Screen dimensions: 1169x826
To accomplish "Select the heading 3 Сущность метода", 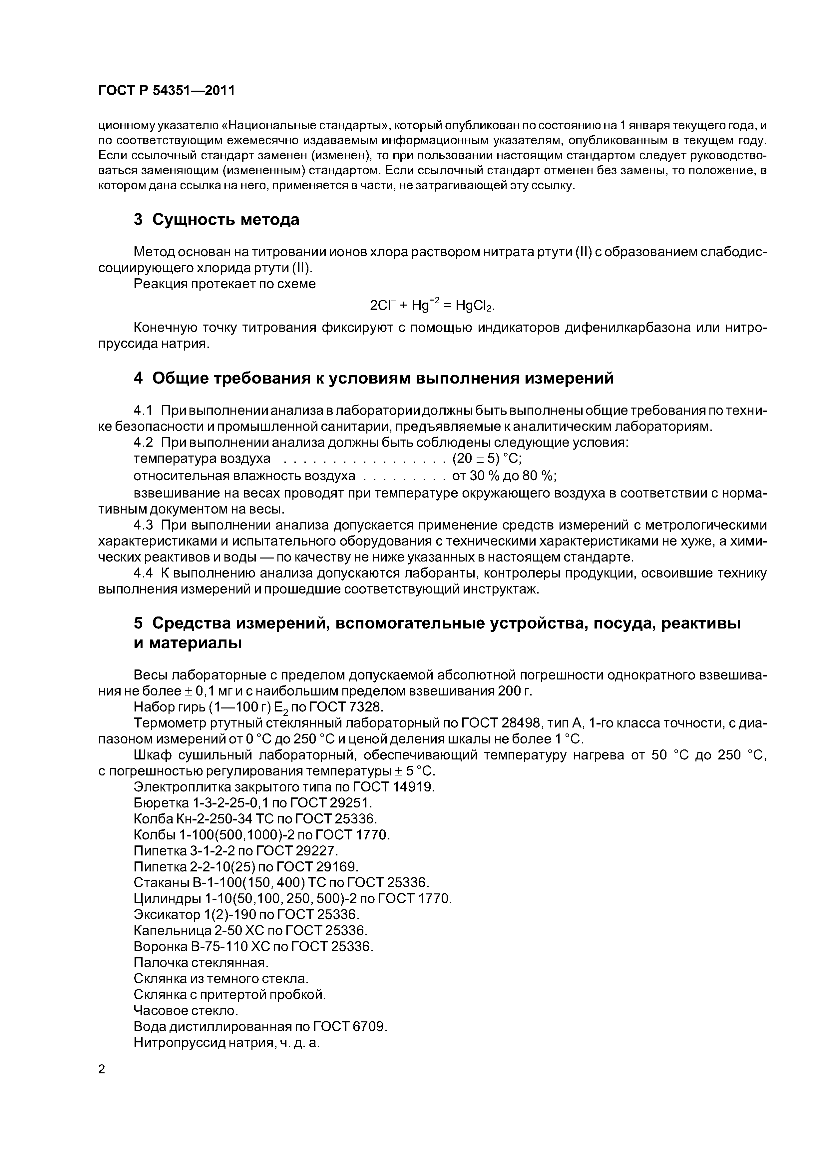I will tap(216, 220).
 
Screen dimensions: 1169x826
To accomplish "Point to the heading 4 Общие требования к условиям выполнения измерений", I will tap(374, 378).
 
